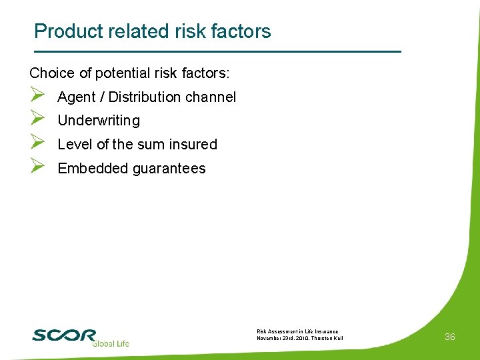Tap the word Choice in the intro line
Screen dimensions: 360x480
[51, 73]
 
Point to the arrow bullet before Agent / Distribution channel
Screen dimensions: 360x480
[37, 96]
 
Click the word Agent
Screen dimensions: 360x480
[77, 97]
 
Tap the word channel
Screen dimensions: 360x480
[211, 97]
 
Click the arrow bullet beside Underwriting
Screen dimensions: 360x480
[37, 120]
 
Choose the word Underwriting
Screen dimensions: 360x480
[99, 121]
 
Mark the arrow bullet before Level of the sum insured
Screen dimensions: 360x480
[37, 143]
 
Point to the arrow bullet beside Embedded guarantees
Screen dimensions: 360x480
[37, 167]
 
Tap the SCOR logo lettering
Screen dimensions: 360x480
[64, 335]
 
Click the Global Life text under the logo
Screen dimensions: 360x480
[110, 343]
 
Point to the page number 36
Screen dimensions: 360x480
[450, 337]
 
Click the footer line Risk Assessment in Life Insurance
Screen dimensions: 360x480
[297, 331]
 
